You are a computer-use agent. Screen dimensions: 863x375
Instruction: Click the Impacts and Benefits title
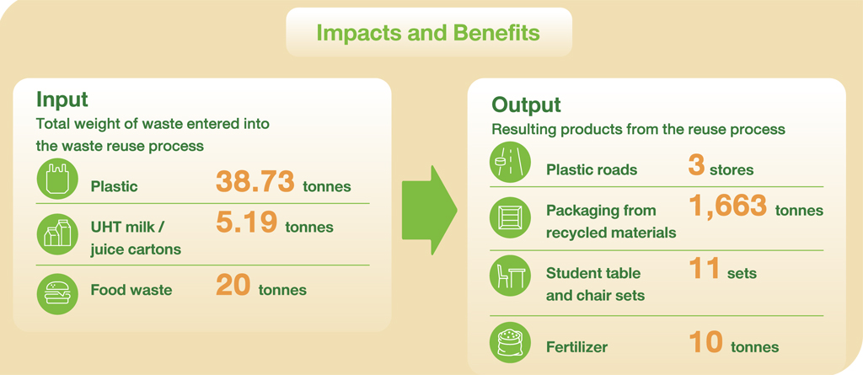pos(428,33)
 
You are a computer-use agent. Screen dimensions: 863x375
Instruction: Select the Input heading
pos(62,99)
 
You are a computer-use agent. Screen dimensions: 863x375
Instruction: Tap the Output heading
pos(526,104)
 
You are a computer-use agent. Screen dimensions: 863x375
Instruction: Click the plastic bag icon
pos(57,179)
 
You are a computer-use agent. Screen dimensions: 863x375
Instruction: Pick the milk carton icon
pos(57,233)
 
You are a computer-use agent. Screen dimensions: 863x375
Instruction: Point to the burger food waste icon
pos(57,293)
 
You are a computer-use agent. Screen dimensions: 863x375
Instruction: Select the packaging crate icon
pos(510,217)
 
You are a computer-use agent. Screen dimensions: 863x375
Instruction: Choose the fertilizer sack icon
pos(510,342)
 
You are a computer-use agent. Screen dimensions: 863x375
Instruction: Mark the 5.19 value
pos(246,222)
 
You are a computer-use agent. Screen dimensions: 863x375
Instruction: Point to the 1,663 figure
pos(727,206)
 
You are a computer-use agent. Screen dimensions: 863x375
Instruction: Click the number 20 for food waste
pos(233,285)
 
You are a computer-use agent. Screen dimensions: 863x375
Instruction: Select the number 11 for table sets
pos(704,268)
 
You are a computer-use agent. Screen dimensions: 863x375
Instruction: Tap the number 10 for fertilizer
pos(705,342)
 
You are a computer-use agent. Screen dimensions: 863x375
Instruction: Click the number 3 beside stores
pos(696,163)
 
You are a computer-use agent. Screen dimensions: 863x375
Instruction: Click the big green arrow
pos(429,210)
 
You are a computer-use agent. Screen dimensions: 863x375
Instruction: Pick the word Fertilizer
pos(576,347)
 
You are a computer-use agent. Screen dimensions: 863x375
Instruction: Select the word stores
pos(732,169)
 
